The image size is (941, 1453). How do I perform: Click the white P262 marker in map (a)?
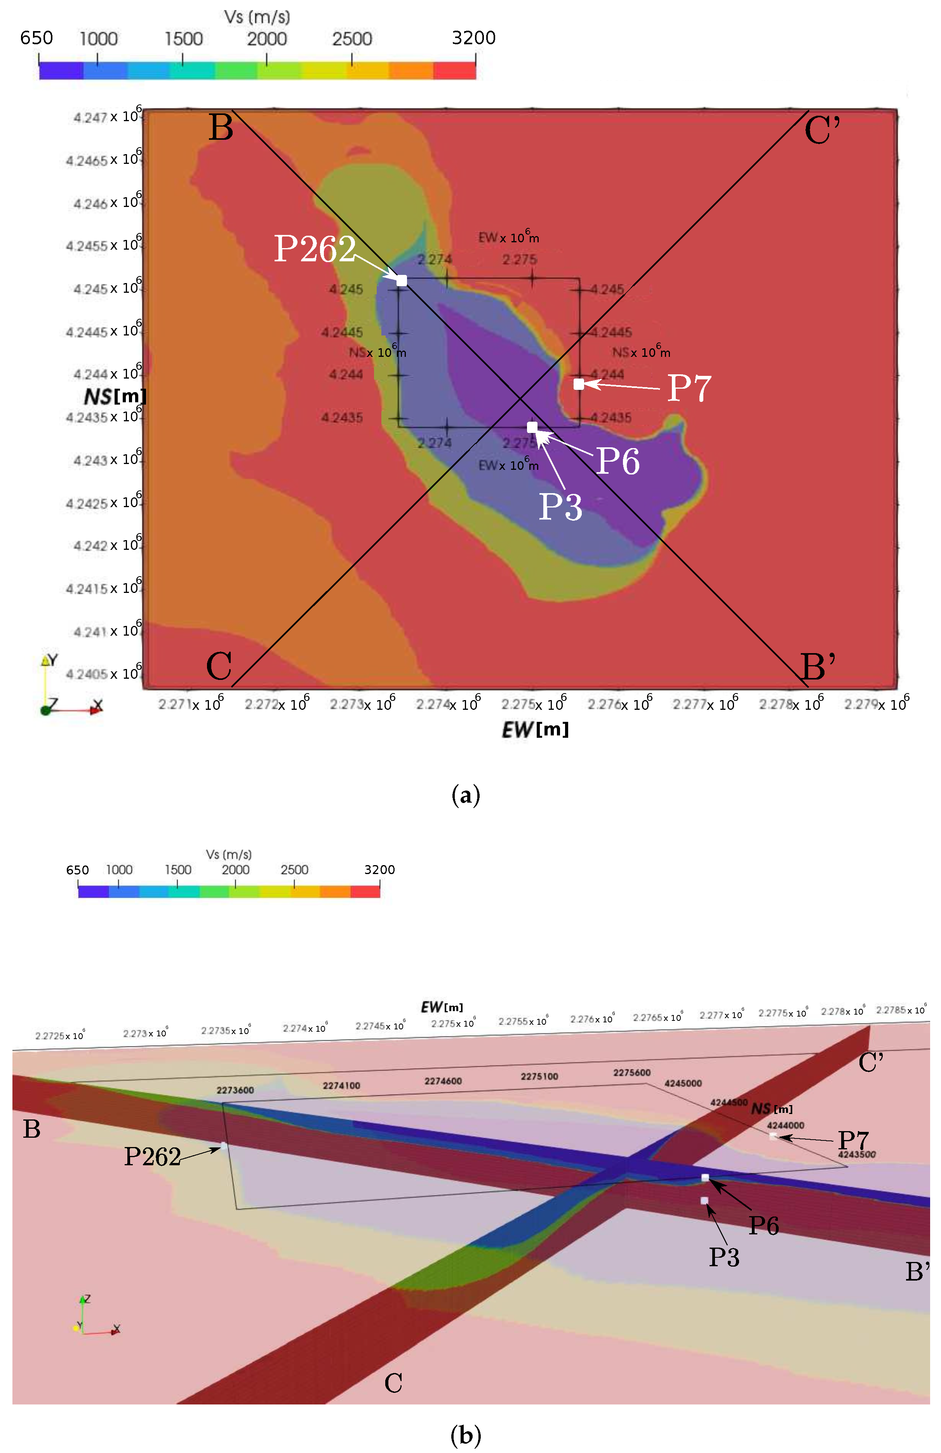pyautogui.click(x=401, y=280)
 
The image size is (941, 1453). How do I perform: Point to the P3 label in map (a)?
pyautogui.click(x=560, y=506)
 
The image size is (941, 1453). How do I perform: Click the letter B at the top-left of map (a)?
pyautogui.click(x=221, y=128)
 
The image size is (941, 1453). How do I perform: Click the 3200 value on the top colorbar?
pyautogui.click(x=473, y=38)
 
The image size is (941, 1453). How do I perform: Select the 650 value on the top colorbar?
pyautogui.click(x=37, y=38)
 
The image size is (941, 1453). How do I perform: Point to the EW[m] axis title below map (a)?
pyautogui.click(x=535, y=730)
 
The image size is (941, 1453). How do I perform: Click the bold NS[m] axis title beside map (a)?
pyautogui.click(x=115, y=397)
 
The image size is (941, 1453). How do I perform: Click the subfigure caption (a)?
pyautogui.click(x=465, y=795)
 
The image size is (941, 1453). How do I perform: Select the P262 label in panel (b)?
pyautogui.click(x=152, y=1156)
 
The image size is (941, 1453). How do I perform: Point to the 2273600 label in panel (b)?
pyautogui.click(x=235, y=1090)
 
